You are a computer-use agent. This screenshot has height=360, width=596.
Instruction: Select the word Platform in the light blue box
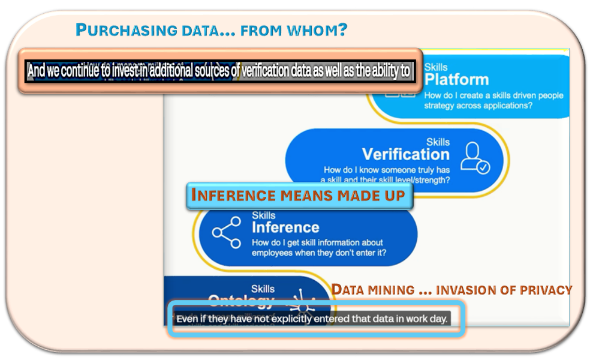456,80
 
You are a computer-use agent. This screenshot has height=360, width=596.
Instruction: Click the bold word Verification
406,154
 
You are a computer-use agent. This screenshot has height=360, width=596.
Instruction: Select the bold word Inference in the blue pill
285,227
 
